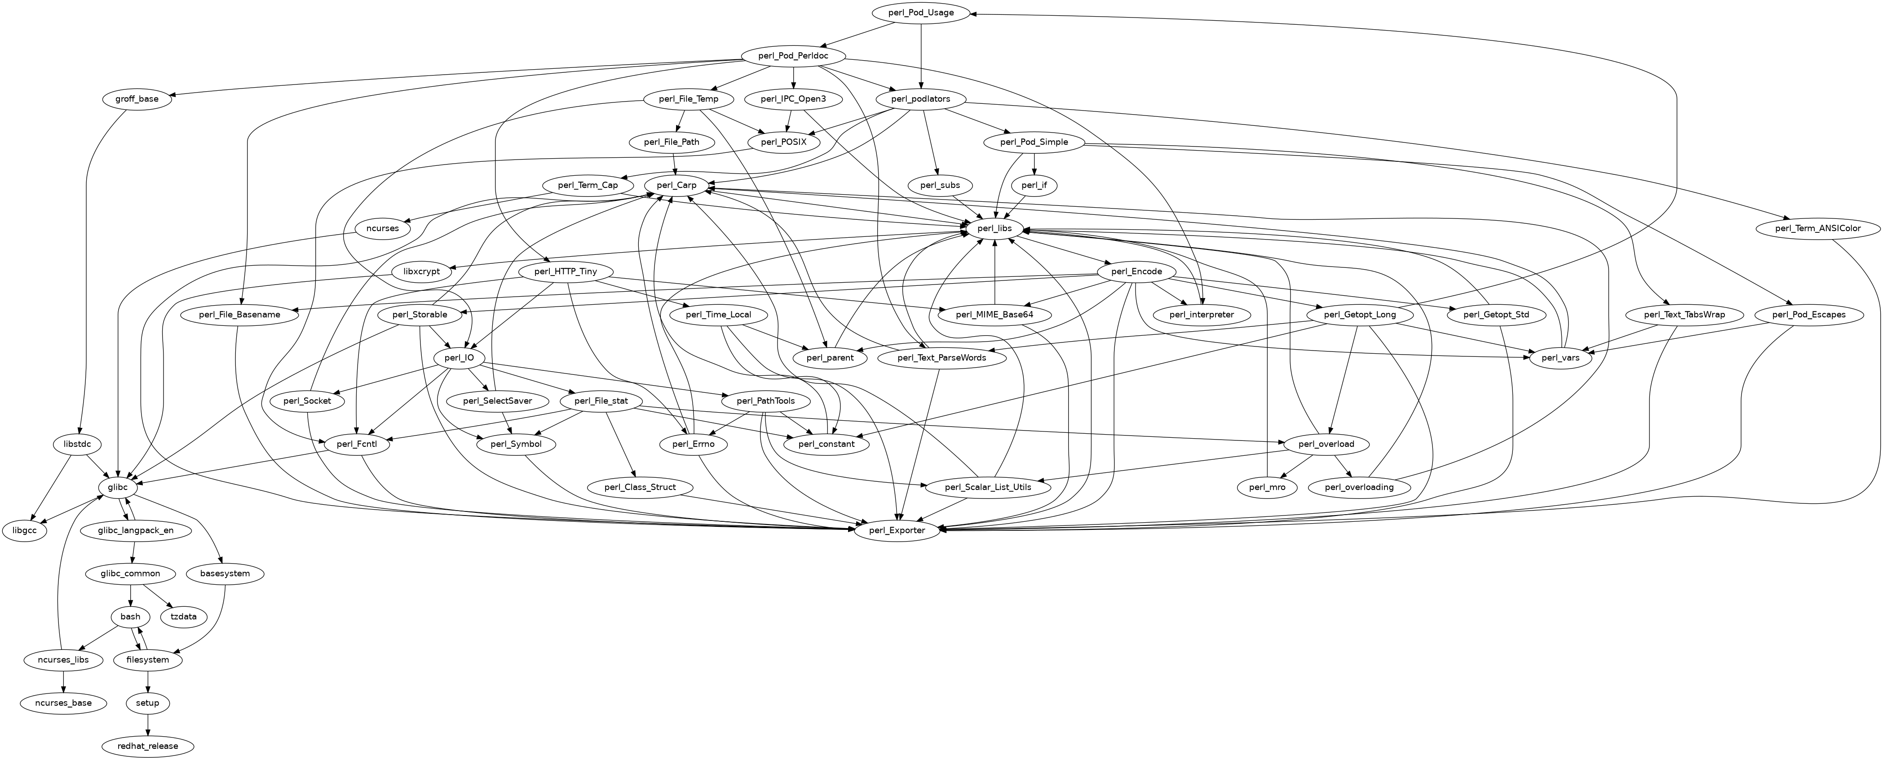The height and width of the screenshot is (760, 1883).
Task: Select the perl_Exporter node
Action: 897,530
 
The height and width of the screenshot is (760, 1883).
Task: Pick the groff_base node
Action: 137,99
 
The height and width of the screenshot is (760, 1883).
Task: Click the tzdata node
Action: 183,617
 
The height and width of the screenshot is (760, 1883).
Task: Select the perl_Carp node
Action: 676,186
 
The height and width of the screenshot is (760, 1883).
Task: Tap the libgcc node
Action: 24,530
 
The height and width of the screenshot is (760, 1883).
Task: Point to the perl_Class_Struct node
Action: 641,487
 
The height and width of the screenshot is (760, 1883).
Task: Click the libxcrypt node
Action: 422,272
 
